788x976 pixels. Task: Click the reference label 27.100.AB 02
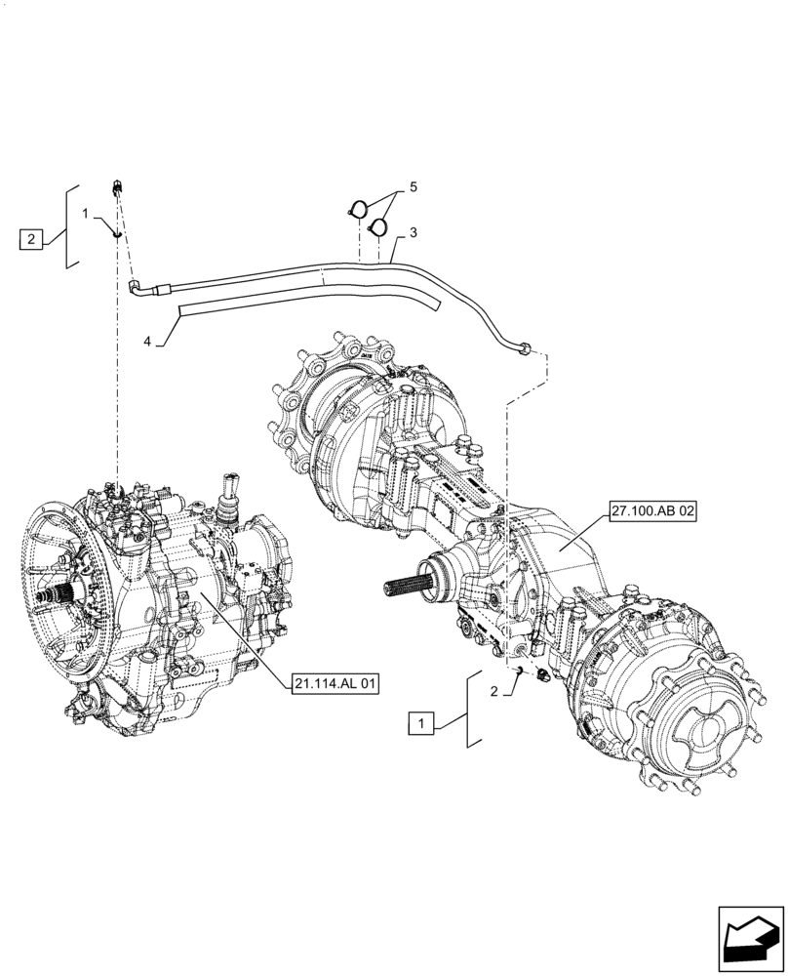coord(653,511)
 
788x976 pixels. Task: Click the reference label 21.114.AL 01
coord(334,684)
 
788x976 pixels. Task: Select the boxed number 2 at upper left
coord(31,238)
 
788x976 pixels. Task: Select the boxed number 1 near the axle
coord(420,723)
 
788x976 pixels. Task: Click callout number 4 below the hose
coord(148,341)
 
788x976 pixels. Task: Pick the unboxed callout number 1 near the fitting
coord(86,213)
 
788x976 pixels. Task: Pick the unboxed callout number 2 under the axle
coord(494,691)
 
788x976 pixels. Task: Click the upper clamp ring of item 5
coord(358,209)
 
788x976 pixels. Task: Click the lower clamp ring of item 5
coord(377,227)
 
